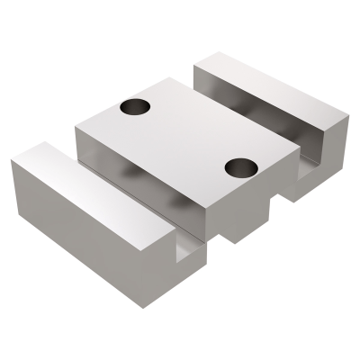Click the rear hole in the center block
[x=135, y=107]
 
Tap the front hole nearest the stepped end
[x=241, y=166]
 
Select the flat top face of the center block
[x=184, y=135]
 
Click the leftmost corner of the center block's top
[x=76, y=127]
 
